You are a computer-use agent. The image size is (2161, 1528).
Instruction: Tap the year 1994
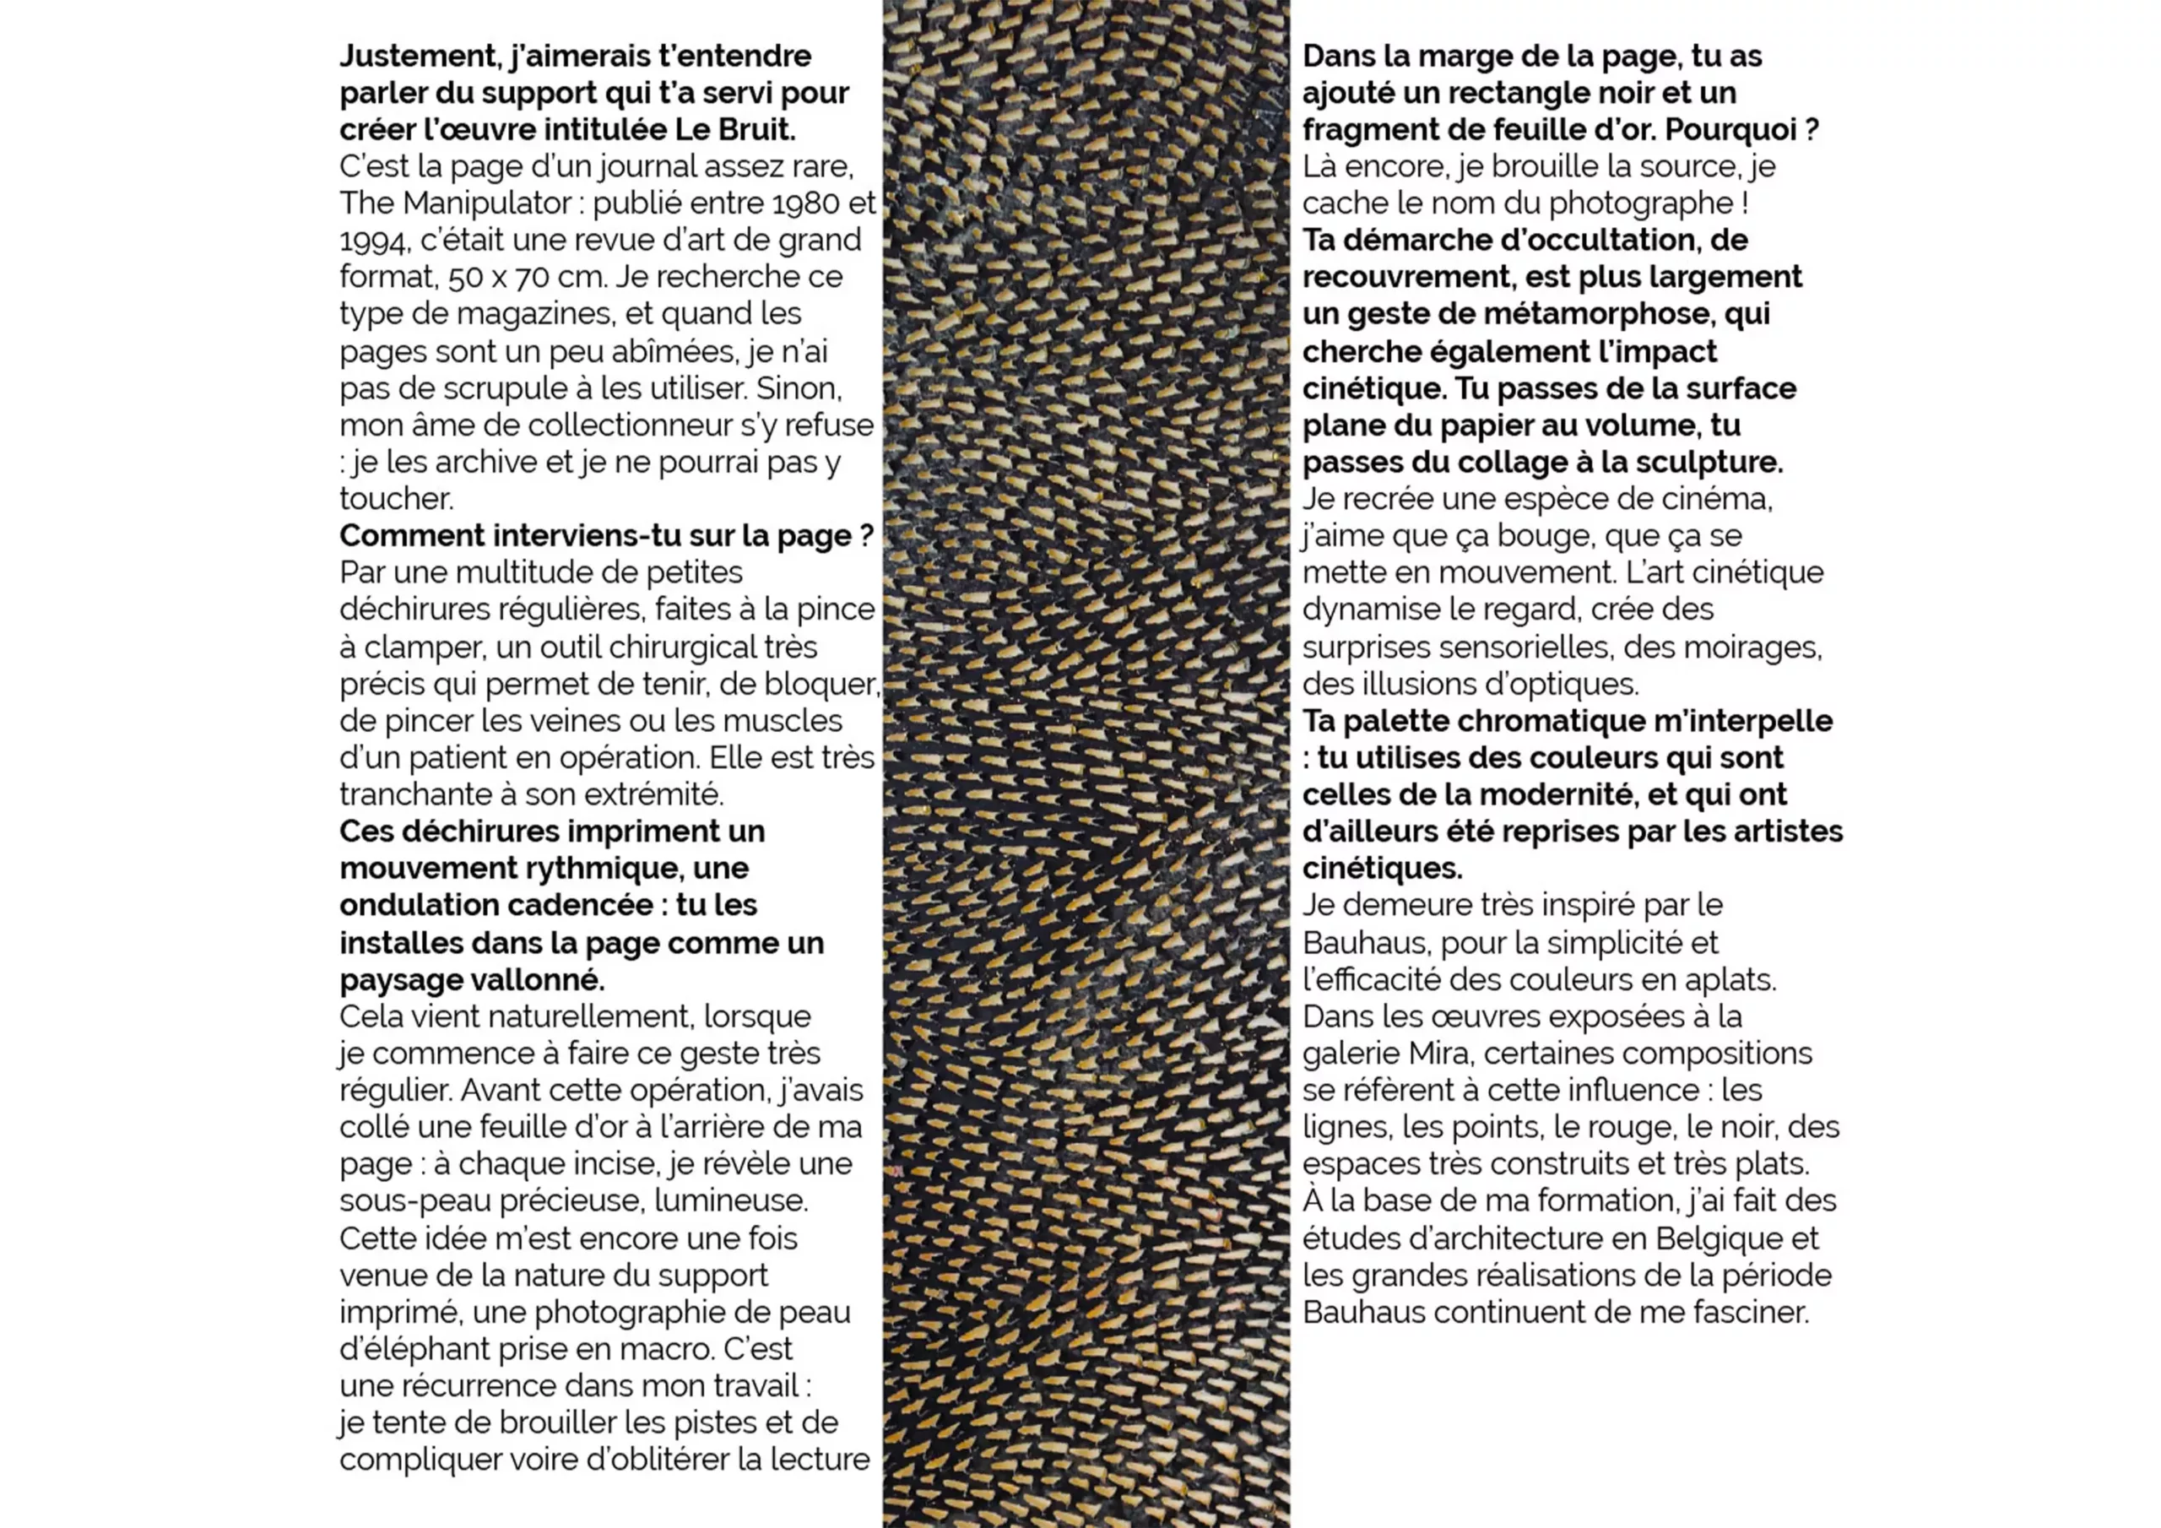click(x=373, y=241)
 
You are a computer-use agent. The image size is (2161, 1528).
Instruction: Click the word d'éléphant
click(x=402, y=1349)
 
